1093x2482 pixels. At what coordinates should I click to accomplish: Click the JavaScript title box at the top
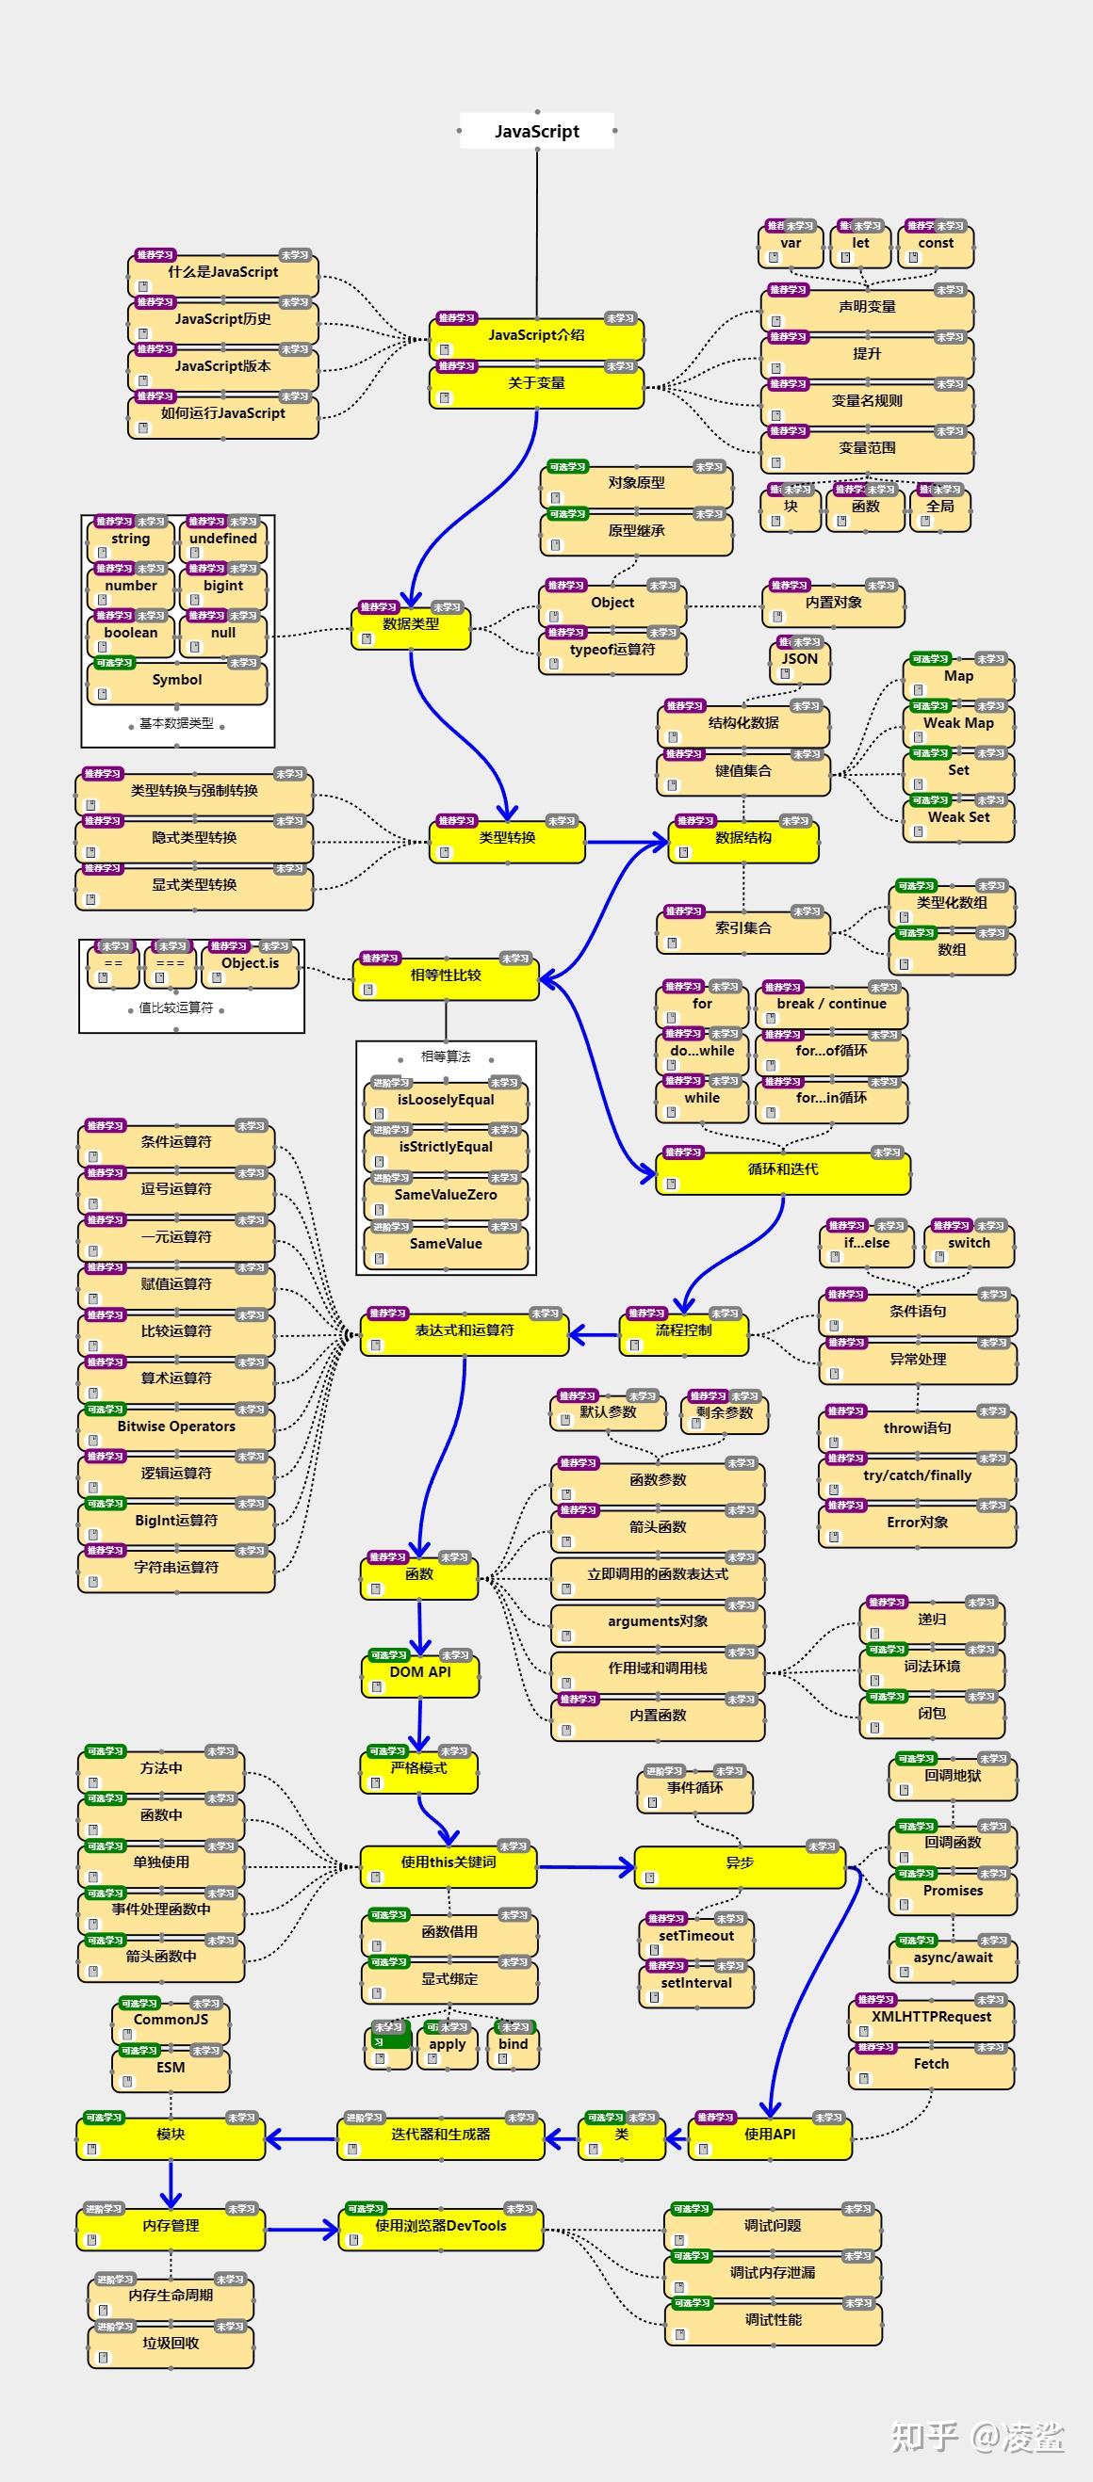[x=537, y=131]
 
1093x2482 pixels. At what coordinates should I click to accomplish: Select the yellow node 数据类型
[x=411, y=625]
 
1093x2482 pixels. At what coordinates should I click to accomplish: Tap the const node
[x=936, y=245]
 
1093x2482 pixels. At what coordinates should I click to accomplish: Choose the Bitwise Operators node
[x=176, y=1426]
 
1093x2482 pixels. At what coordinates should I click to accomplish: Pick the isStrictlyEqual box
[x=446, y=1148]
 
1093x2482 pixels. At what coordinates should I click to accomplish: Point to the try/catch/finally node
[x=918, y=1476]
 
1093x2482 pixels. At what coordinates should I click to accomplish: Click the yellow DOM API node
[x=420, y=1672]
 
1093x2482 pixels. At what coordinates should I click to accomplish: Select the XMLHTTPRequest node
[x=931, y=2017]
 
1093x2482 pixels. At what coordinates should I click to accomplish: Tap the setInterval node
[x=696, y=1983]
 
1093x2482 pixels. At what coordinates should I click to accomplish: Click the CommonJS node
[x=171, y=2020]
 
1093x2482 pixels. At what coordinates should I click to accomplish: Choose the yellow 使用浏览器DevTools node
[x=440, y=2227]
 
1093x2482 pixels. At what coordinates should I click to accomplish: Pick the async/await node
[x=953, y=1958]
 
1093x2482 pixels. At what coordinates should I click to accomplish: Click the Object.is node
[x=250, y=964]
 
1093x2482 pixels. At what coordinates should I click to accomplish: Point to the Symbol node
[x=177, y=680]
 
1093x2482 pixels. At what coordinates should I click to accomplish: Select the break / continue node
[x=831, y=1004]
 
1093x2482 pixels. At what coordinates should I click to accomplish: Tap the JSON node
[x=799, y=660]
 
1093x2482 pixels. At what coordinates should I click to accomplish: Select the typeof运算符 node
[x=612, y=651]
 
